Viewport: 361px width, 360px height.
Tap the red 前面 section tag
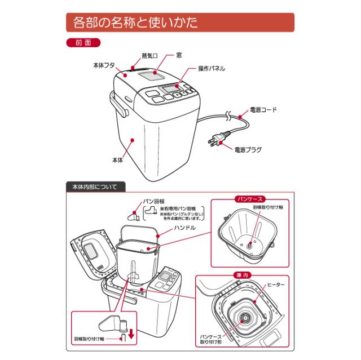83,43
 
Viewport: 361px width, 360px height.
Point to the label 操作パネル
212,69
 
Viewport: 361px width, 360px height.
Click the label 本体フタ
104,65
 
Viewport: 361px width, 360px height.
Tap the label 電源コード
263,110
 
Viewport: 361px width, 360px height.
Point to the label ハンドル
184,228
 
